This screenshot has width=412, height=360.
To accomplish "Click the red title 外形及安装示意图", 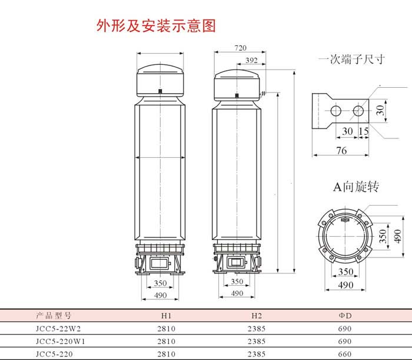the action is (156, 26).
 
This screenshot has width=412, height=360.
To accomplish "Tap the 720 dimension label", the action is (240, 48).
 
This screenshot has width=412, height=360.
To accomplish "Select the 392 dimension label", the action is (251, 60).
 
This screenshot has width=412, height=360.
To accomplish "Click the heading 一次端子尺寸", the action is (351, 60).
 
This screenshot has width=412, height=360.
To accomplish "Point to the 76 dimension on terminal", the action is (341, 151).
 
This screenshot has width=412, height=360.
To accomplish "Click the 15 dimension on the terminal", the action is (364, 131).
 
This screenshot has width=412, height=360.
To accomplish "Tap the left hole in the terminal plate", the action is (336, 111).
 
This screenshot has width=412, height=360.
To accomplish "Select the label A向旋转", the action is (356, 187).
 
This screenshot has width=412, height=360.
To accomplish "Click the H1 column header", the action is (167, 316).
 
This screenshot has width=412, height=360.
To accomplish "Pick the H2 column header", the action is (257, 316).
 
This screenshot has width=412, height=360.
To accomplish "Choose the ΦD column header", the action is (345, 316).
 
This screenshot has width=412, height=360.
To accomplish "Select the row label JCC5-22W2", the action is (58, 329).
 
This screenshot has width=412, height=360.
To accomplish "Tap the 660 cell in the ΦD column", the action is (345, 354).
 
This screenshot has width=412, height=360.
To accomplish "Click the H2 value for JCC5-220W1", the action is (257, 341).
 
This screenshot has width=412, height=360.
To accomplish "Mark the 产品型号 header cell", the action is (54, 315).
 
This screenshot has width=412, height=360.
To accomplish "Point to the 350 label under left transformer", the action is (160, 283).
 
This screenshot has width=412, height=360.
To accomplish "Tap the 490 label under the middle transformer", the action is (237, 293).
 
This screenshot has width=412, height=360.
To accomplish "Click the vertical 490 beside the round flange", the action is (397, 236).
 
